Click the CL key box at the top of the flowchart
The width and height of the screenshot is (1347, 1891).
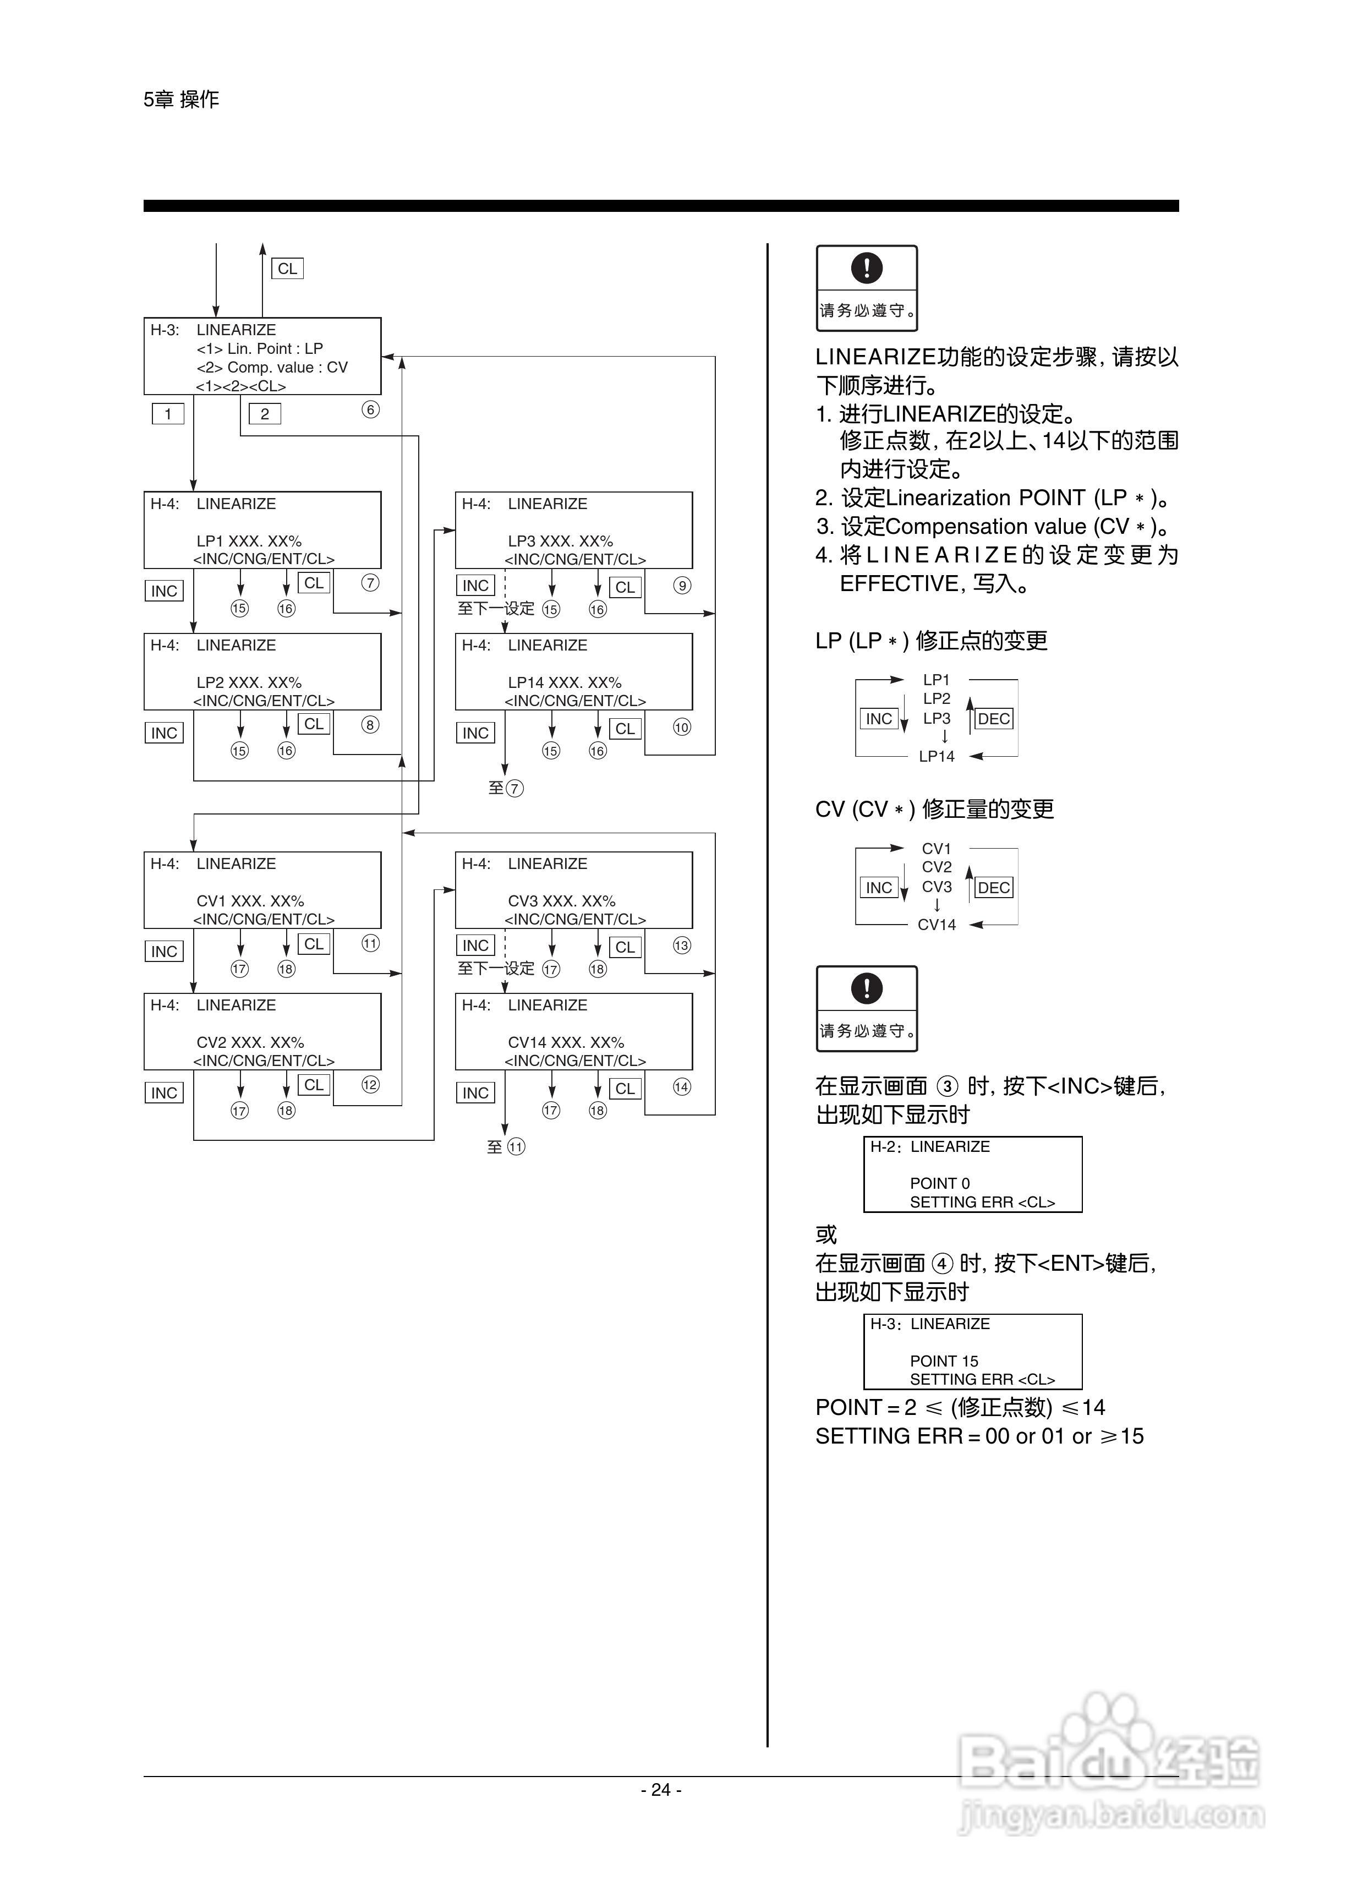(287, 269)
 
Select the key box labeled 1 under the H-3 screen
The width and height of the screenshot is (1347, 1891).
(167, 414)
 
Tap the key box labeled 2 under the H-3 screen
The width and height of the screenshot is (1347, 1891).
(265, 414)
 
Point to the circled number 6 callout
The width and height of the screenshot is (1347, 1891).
(371, 409)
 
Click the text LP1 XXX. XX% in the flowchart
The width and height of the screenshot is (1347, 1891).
(249, 541)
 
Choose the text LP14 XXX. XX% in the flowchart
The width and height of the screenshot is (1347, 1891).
(564, 682)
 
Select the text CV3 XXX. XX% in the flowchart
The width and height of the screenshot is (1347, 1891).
(562, 901)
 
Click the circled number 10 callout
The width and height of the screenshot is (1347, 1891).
(682, 728)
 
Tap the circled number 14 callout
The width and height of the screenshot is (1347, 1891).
(682, 1087)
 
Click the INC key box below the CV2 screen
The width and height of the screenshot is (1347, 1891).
(164, 1093)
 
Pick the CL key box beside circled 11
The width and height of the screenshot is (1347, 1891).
(314, 944)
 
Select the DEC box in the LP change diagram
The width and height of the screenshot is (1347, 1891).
(994, 719)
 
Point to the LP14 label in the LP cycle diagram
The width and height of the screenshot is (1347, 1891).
(937, 756)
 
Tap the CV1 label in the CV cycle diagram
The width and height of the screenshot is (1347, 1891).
(937, 849)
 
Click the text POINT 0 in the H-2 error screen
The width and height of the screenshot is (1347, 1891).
(940, 1184)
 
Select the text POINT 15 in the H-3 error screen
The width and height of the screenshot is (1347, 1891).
(944, 1361)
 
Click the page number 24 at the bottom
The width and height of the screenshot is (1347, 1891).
(661, 1790)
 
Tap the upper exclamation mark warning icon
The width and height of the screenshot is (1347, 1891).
(867, 268)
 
